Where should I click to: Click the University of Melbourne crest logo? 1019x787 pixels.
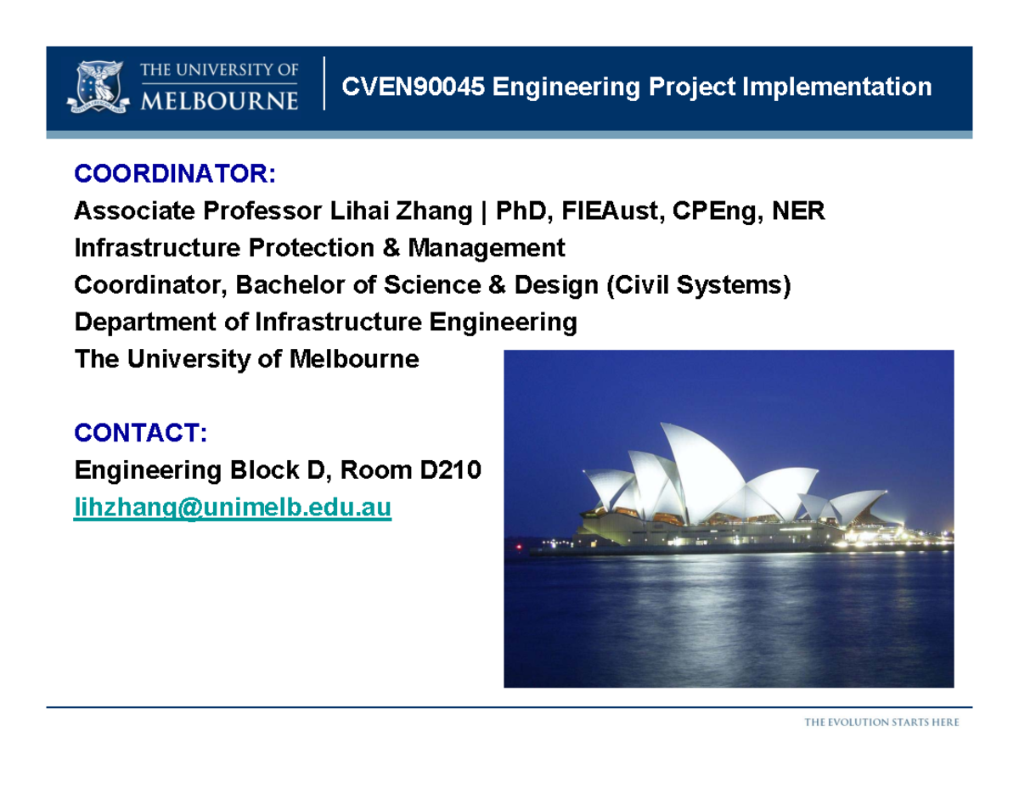[x=99, y=87]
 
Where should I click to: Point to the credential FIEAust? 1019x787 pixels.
[x=610, y=211]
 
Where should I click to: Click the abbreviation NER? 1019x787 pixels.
[x=797, y=211]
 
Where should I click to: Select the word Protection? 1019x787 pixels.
[x=296, y=248]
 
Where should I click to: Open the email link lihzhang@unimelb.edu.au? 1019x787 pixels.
[x=233, y=508]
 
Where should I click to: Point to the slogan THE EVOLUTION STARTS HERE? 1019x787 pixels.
[x=882, y=722]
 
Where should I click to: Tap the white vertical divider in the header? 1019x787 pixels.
[x=324, y=83]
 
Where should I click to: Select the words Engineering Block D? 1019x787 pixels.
[x=194, y=469]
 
